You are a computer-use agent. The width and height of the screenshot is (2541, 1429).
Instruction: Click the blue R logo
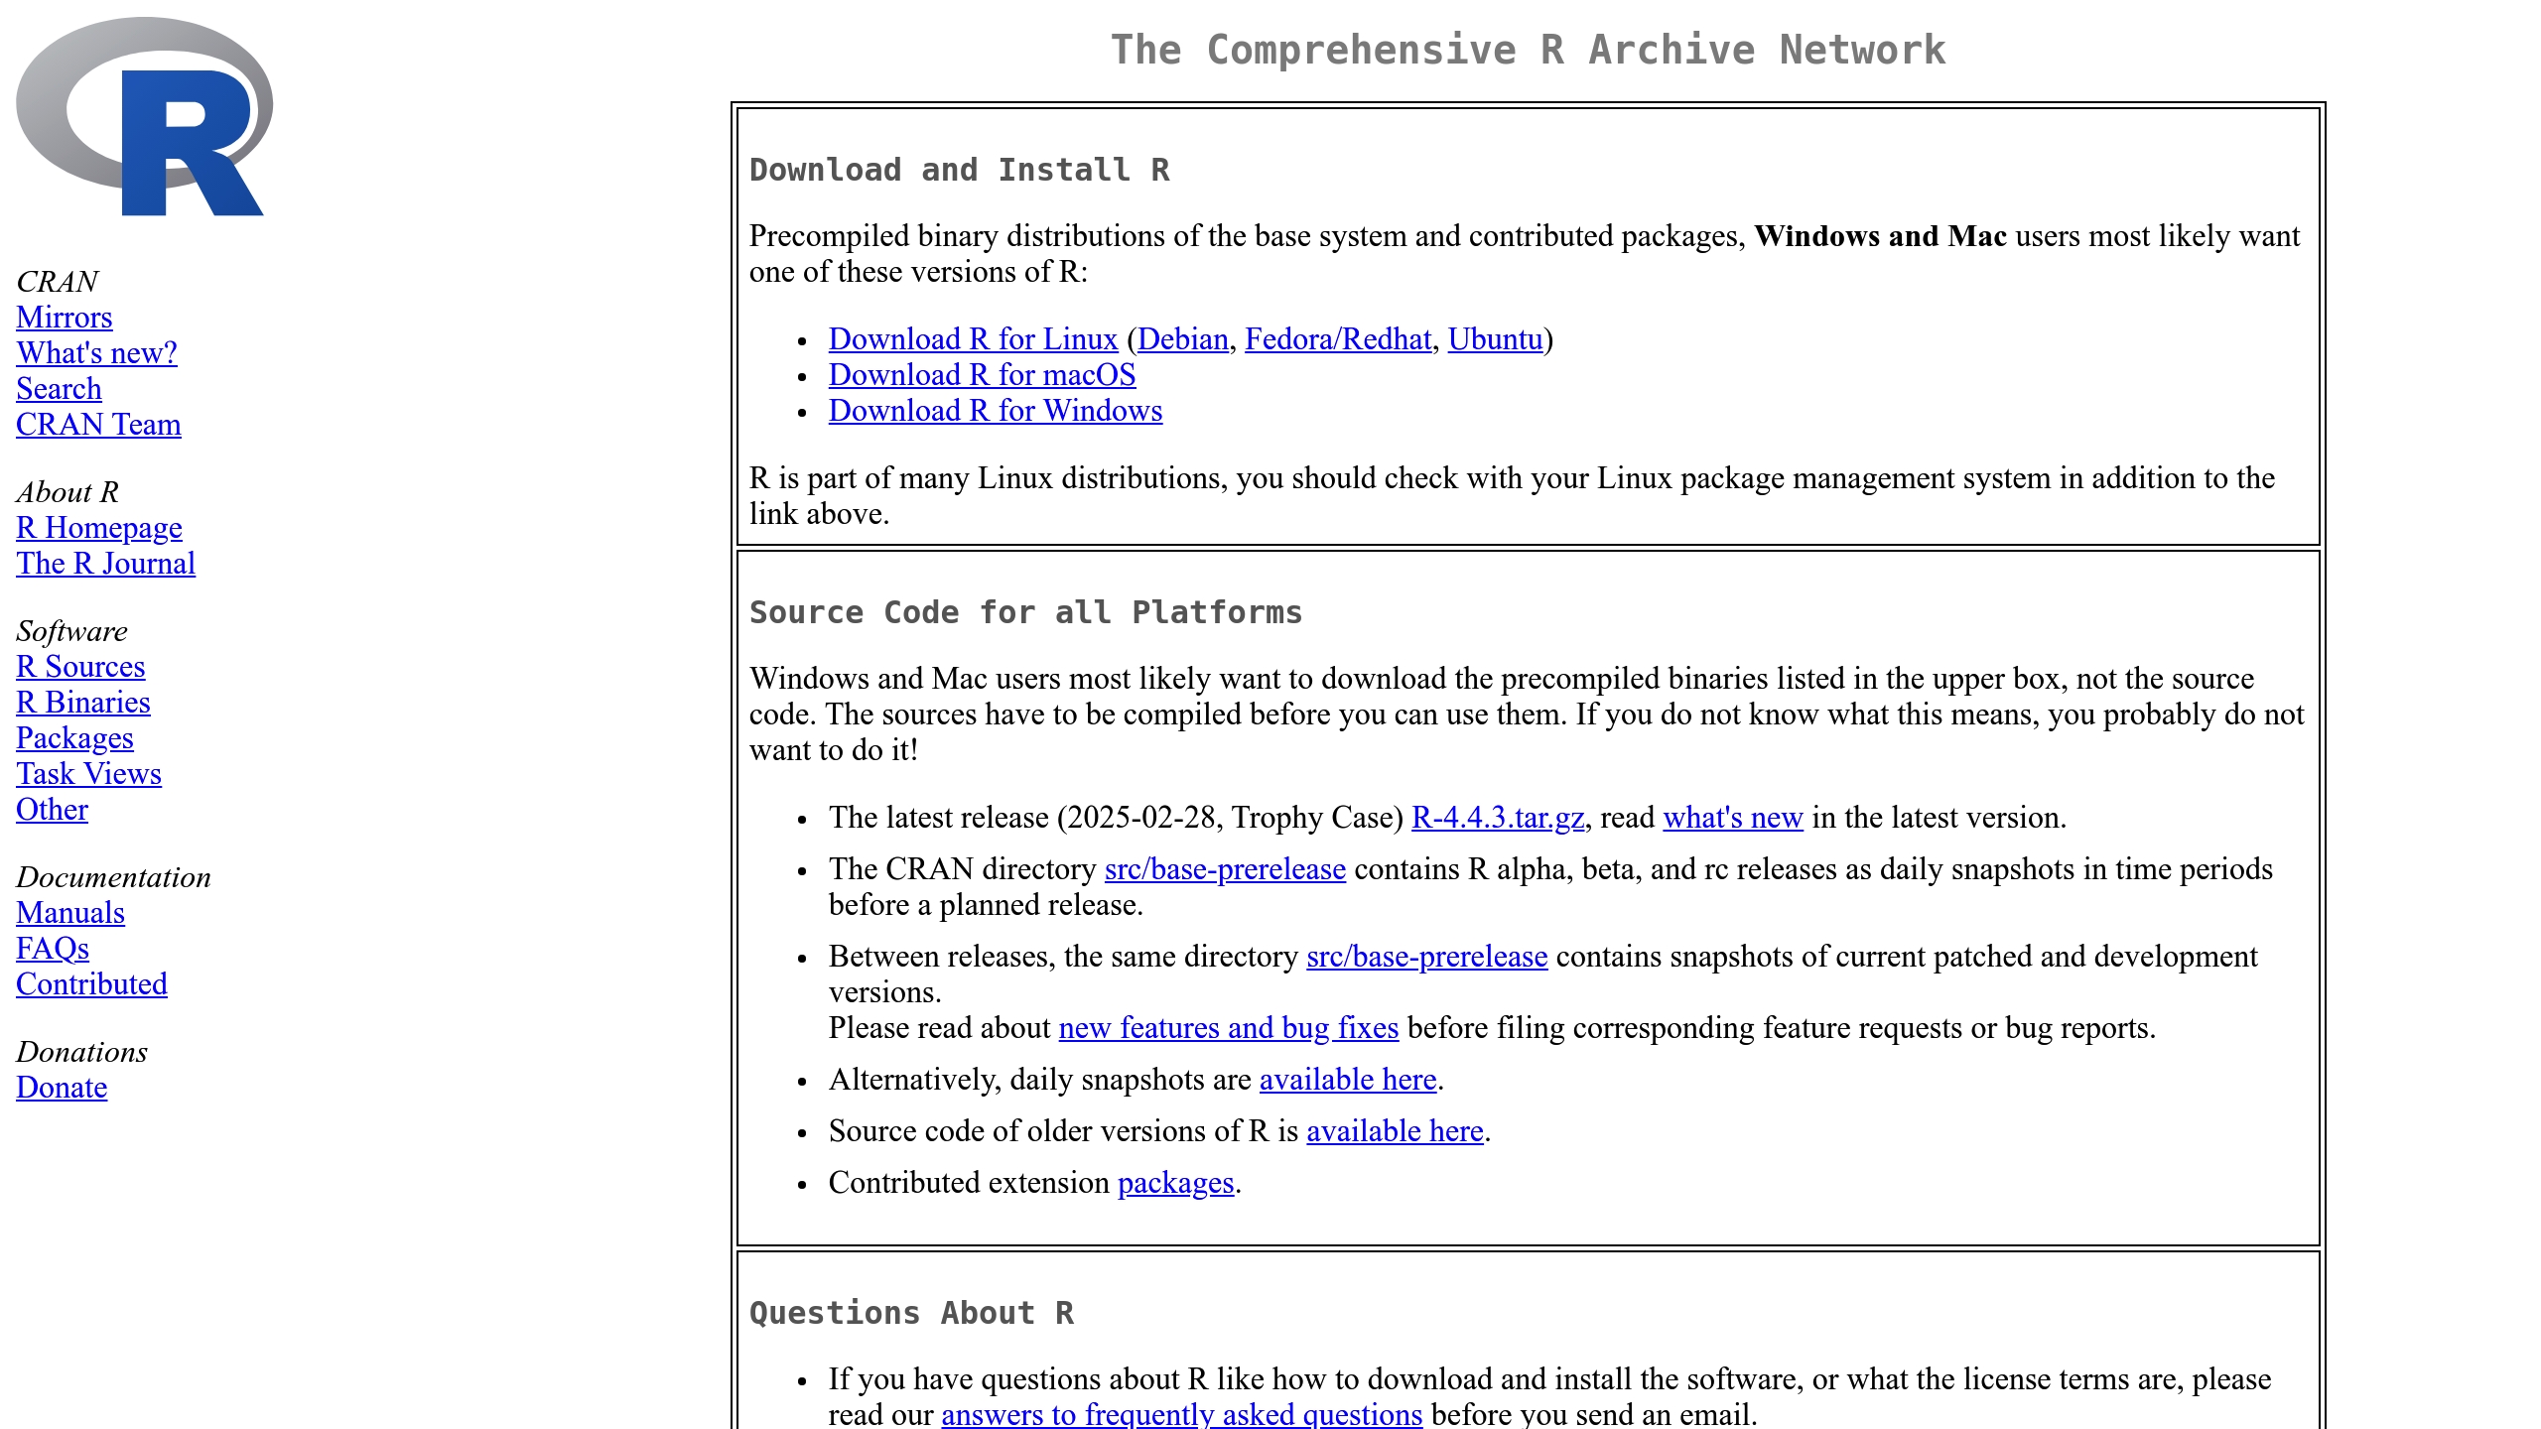[145, 116]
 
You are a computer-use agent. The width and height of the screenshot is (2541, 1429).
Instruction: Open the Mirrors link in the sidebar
[65, 318]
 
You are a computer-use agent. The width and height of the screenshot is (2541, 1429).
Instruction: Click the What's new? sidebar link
[96, 353]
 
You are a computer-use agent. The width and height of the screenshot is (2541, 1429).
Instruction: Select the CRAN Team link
[98, 425]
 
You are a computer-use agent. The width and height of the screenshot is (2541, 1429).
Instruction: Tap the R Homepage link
[99, 528]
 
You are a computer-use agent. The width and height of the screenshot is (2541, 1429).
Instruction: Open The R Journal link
[105, 564]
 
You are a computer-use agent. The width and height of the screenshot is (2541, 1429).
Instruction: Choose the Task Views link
[88, 774]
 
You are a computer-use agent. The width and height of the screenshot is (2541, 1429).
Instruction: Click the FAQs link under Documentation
[53, 949]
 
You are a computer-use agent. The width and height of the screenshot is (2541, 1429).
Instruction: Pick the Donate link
[62, 1088]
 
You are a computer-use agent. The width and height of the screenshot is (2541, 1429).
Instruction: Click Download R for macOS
[982, 375]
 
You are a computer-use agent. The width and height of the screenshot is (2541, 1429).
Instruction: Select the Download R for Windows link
[995, 411]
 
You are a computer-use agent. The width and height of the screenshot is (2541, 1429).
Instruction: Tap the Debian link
[1182, 339]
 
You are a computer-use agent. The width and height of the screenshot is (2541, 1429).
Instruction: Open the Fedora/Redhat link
[1337, 339]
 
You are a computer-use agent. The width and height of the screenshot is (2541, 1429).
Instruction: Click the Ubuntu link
[1495, 339]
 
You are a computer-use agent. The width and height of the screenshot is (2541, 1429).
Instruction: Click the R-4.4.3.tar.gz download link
[1497, 818]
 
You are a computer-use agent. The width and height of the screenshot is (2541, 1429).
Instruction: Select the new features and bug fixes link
[1228, 1028]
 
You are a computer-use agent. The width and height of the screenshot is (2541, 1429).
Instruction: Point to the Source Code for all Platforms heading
[1025, 612]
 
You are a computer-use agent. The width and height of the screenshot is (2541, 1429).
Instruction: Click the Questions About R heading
[911, 1313]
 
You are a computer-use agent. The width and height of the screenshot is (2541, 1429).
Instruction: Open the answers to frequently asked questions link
[1181, 1414]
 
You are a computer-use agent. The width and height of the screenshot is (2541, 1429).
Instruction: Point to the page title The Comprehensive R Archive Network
[1528, 50]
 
